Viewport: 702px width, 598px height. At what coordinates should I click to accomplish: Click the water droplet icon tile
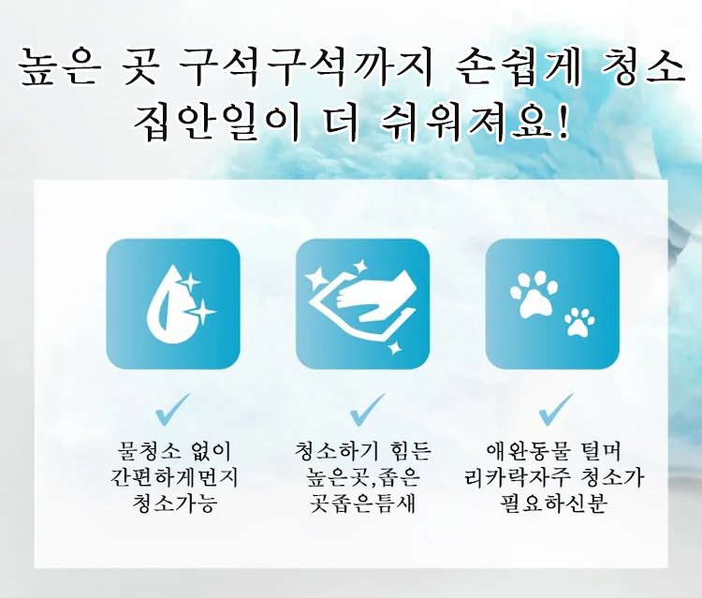173,304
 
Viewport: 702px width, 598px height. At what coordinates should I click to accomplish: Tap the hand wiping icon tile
362,304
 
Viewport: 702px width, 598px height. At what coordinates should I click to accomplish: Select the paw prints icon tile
553,304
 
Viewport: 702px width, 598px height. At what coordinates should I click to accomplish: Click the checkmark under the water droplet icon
173,407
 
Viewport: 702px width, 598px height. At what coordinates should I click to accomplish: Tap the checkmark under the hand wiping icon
362,407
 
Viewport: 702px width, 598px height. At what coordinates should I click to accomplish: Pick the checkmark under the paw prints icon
554,407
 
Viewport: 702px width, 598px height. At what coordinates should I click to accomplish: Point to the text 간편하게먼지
173,478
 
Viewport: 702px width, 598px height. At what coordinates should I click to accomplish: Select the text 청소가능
173,503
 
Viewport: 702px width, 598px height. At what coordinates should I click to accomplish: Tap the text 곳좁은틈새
362,503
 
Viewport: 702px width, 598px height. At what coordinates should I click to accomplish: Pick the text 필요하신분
554,503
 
